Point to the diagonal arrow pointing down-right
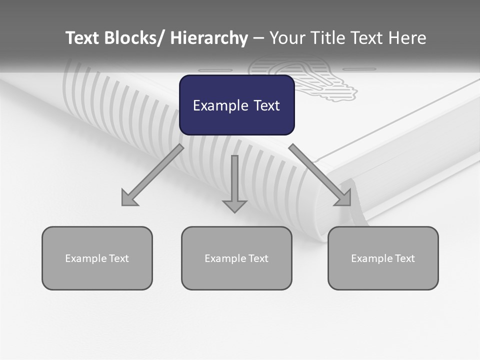pos(320,175)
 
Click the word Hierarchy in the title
pos(209,38)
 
